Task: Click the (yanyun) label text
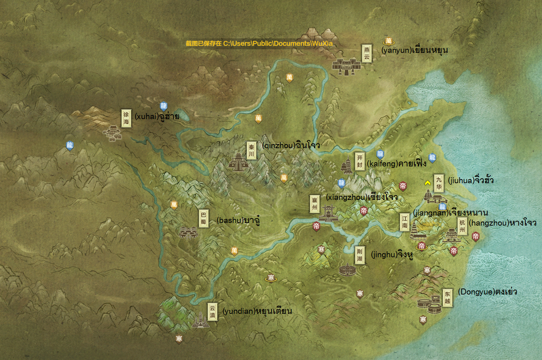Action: (414, 50)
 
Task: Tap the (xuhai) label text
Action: (157, 117)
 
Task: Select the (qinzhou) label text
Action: (291, 145)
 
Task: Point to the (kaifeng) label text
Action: (397, 163)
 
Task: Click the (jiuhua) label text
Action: (471, 181)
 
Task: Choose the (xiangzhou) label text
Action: (362, 197)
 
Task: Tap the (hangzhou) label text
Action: (502, 223)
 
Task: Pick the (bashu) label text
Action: (238, 220)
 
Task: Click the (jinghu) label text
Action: (392, 255)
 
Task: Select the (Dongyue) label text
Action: (487, 291)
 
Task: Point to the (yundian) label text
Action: (257, 311)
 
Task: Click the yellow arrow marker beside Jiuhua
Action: (428, 183)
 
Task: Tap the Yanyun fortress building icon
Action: (346, 67)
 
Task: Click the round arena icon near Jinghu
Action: (347, 270)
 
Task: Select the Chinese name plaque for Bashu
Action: (203, 218)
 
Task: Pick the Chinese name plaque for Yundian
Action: (212, 311)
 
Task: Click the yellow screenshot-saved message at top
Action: (259, 44)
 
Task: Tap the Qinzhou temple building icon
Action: (238, 162)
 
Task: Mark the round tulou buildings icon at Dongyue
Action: (429, 305)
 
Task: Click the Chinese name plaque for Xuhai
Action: (126, 118)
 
